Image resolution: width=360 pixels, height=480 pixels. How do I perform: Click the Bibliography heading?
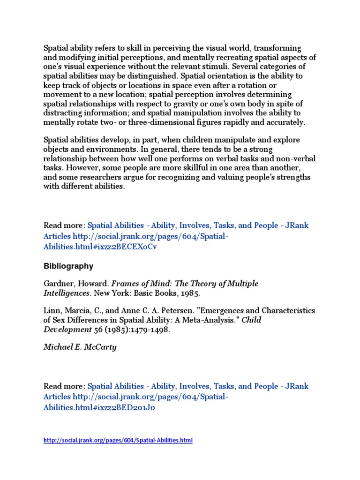pyautogui.click(x=68, y=266)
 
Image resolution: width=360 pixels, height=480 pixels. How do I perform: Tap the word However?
pyautogui.click(x=77, y=167)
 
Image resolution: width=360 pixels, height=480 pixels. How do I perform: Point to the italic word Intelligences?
pyautogui.click(x=66, y=293)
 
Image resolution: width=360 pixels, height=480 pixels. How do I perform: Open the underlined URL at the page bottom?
pyautogui.click(x=118, y=440)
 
